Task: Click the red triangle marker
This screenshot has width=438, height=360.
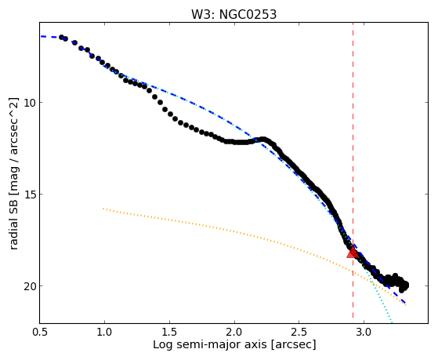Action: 353,252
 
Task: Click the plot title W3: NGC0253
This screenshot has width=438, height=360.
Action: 233,14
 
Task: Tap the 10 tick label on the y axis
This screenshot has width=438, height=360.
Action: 29,103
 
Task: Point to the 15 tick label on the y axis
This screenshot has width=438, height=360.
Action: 29,195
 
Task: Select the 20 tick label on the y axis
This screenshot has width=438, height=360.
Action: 29,285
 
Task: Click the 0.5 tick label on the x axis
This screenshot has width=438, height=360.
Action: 40,332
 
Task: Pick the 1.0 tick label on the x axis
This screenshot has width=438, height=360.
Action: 104,332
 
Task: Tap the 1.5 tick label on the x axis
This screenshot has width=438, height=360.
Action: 169,332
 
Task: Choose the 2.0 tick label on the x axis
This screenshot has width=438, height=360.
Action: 234,332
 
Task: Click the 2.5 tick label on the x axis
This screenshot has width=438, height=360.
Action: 299,332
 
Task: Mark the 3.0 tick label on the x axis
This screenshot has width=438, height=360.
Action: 364,332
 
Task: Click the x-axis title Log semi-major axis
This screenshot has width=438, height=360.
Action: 210,344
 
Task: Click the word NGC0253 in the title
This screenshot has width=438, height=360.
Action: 248,14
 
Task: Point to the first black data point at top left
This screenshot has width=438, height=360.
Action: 61,37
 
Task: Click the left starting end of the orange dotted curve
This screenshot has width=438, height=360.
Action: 103,209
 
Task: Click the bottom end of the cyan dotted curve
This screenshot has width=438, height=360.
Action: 392,322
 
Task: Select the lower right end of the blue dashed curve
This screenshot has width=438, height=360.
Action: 404,304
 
